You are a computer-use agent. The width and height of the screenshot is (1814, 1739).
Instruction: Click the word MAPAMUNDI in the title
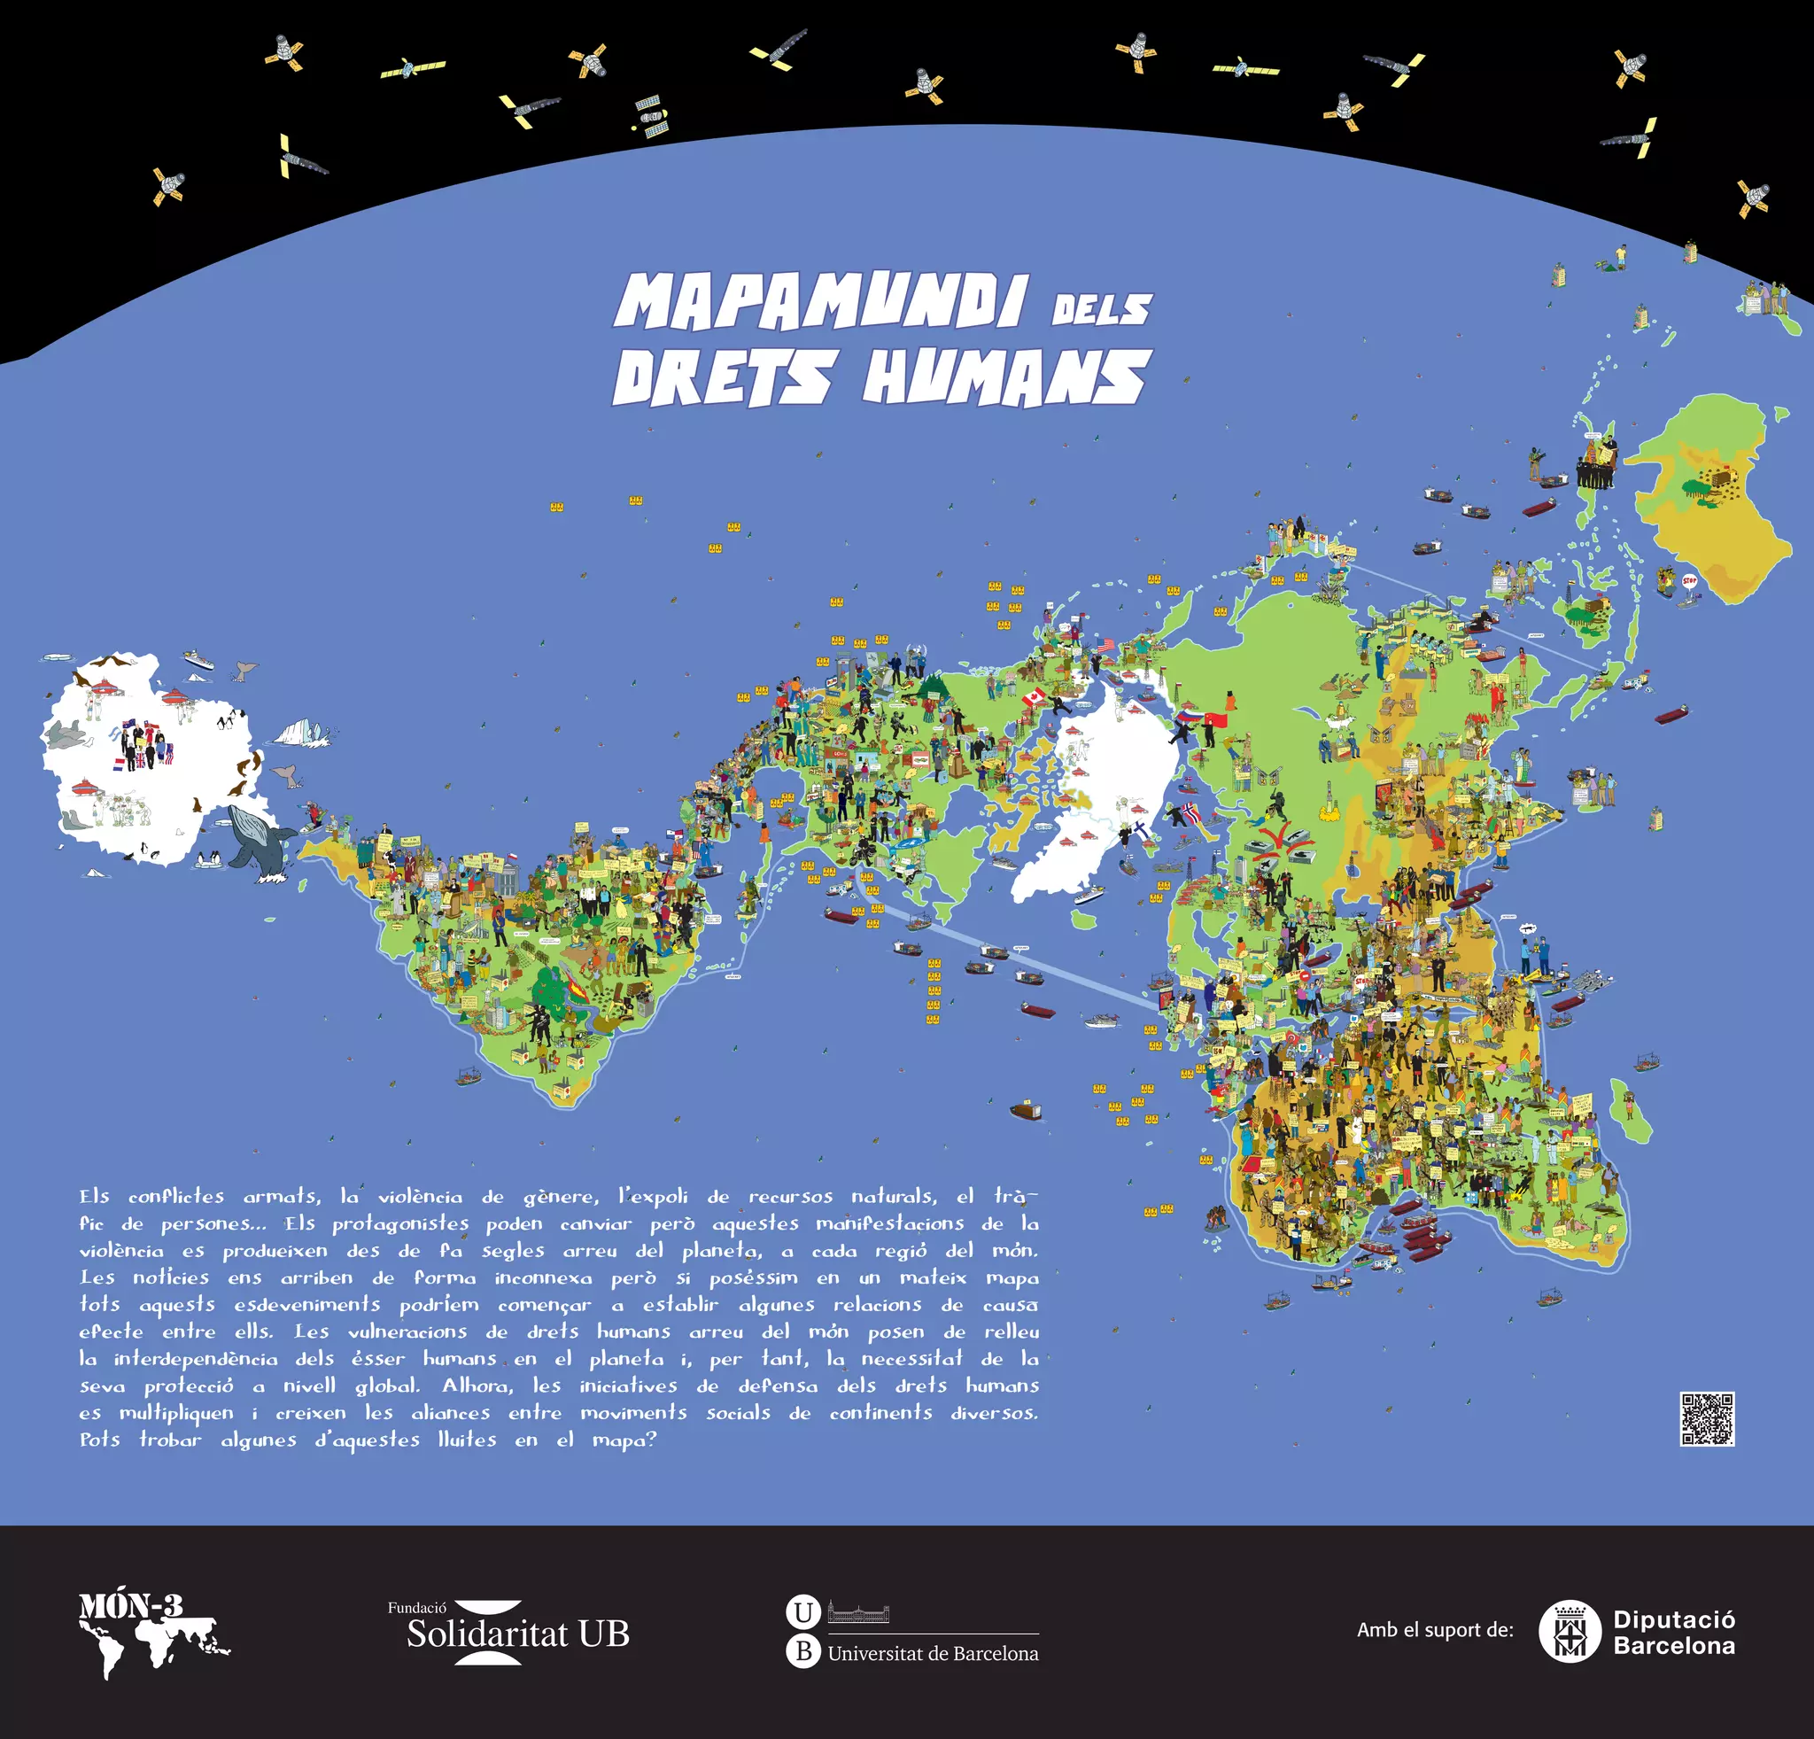pyautogui.click(x=820, y=303)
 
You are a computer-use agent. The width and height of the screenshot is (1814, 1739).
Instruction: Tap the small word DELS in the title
pyautogui.click(x=1101, y=309)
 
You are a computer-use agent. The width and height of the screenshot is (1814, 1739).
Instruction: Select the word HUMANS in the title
pyautogui.click(x=1007, y=377)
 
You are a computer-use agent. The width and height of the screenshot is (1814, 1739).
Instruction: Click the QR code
pyautogui.click(x=1707, y=1419)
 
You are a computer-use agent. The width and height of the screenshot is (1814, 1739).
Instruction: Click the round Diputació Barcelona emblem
pyautogui.click(x=1570, y=1631)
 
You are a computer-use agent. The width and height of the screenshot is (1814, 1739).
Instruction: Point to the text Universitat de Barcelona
pyautogui.click(x=933, y=1653)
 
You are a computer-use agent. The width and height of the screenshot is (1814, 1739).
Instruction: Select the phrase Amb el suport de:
pyautogui.click(x=1435, y=1630)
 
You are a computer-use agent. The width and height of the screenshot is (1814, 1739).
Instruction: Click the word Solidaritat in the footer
pyautogui.click(x=487, y=1634)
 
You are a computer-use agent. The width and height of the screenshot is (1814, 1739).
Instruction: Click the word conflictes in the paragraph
pyautogui.click(x=176, y=1197)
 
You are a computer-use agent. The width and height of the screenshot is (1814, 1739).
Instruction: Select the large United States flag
pyautogui.click(x=1105, y=645)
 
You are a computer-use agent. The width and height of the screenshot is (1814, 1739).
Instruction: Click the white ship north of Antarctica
pyautogui.click(x=199, y=660)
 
